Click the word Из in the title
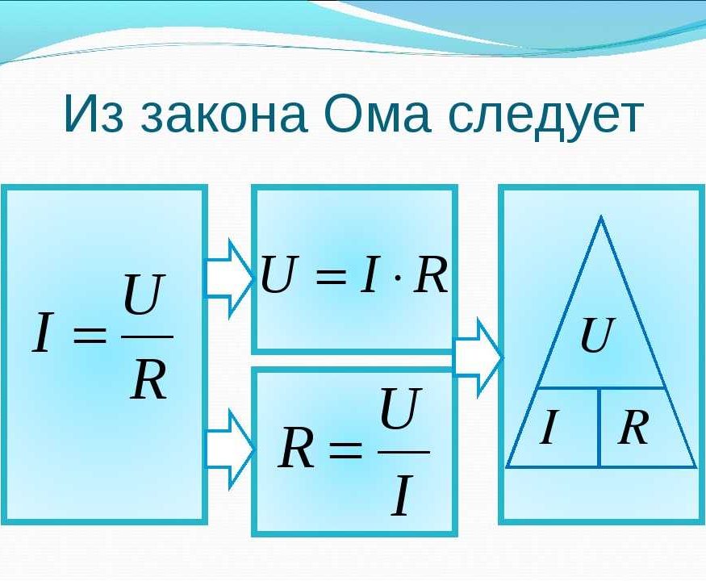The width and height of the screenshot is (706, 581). pyautogui.click(x=94, y=113)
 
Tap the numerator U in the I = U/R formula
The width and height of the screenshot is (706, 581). pyautogui.click(x=142, y=295)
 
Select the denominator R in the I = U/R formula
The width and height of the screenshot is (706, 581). pyautogui.click(x=148, y=380)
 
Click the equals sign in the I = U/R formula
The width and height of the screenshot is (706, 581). pyautogui.click(x=90, y=336)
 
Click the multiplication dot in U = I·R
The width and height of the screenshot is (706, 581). pyautogui.click(x=398, y=277)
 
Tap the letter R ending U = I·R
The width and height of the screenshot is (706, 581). pyautogui.click(x=430, y=274)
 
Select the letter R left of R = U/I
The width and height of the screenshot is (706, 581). pyautogui.click(x=295, y=448)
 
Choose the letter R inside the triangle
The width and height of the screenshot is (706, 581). pyautogui.click(x=633, y=427)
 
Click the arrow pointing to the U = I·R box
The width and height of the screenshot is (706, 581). pyautogui.click(x=229, y=278)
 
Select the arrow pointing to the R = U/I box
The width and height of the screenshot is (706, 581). pyautogui.click(x=229, y=449)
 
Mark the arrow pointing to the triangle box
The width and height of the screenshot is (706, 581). pyautogui.click(x=478, y=357)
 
